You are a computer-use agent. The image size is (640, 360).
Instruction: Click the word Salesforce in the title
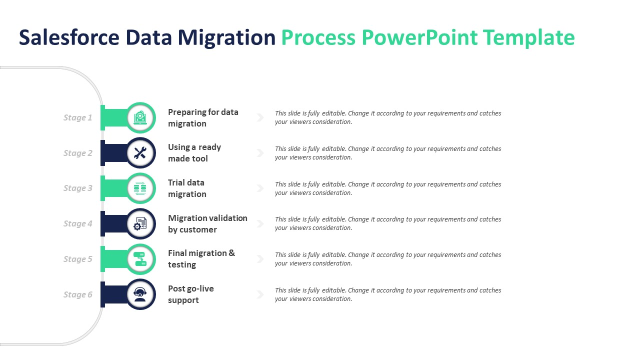click(x=69, y=38)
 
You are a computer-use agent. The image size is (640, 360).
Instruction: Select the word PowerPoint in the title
click(x=419, y=38)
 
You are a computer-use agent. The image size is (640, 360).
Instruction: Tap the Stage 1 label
click(x=77, y=118)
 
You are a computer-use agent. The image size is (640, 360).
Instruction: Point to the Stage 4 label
click(x=77, y=224)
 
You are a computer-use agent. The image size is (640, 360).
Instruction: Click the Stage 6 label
click(x=77, y=295)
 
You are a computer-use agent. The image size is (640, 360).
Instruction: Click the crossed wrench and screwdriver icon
click(x=140, y=153)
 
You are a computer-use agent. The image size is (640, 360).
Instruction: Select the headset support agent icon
click(x=140, y=294)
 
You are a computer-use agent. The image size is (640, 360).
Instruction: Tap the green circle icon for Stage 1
click(x=140, y=117)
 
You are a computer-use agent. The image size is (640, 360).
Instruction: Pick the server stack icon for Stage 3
click(x=140, y=188)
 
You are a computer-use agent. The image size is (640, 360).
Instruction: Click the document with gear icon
click(x=140, y=224)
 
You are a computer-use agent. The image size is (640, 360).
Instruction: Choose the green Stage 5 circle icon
click(x=140, y=259)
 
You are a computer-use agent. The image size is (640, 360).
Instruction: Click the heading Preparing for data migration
click(x=202, y=118)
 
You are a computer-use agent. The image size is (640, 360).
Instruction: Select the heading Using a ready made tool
click(x=194, y=153)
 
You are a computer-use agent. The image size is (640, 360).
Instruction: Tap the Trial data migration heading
click(x=187, y=188)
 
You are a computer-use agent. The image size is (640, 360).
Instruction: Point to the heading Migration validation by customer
click(x=207, y=224)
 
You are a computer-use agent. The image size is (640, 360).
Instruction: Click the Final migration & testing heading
click(x=201, y=259)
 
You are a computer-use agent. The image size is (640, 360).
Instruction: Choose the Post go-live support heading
click(x=190, y=294)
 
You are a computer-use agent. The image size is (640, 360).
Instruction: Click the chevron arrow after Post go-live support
click(x=260, y=294)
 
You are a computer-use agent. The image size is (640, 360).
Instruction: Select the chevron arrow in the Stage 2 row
click(x=260, y=153)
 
